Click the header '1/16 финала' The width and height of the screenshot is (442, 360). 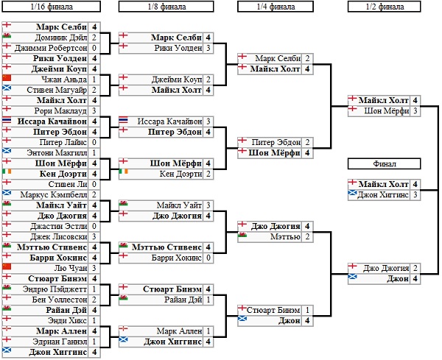pyautogui.click(x=50, y=7)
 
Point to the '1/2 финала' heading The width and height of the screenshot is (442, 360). pyautogui.click(x=384, y=7)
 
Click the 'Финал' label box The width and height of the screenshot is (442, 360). pyautogui.click(x=384, y=163)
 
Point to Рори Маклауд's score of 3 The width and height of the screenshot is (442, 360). pyautogui.click(x=95, y=110)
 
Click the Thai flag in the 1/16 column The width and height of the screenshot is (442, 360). pyautogui.click(x=8, y=121)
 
